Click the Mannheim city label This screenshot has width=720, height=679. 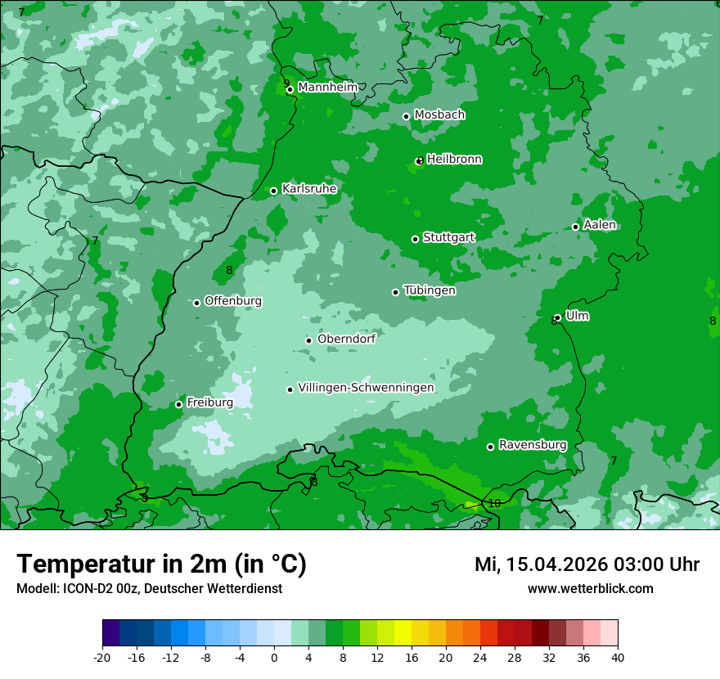(x=327, y=88)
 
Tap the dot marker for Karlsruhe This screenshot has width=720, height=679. (x=274, y=191)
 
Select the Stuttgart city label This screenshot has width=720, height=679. (x=448, y=237)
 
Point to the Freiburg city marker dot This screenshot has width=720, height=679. (x=178, y=405)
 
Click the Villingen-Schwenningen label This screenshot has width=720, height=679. (x=366, y=388)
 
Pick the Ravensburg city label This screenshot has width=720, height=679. (x=532, y=445)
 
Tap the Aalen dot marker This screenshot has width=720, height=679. (x=575, y=227)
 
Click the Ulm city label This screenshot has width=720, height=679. (x=577, y=316)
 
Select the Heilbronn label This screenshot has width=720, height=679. (x=454, y=160)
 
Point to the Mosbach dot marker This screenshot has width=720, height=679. (x=406, y=117)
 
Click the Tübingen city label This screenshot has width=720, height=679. (x=430, y=290)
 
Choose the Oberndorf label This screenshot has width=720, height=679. (x=346, y=339)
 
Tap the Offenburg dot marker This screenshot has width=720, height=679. (x=196, y=303)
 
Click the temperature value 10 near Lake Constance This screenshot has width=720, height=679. (x=494, y=504)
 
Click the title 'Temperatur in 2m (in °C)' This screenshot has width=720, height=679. (x=161, y=564)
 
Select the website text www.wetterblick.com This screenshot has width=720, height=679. (x=590, y=589)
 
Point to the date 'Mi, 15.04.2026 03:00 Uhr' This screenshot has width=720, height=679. (x=587, y=564)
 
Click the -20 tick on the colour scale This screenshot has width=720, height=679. (x=102, y=657)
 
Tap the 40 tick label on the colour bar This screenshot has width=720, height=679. (x=618, y=657)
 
